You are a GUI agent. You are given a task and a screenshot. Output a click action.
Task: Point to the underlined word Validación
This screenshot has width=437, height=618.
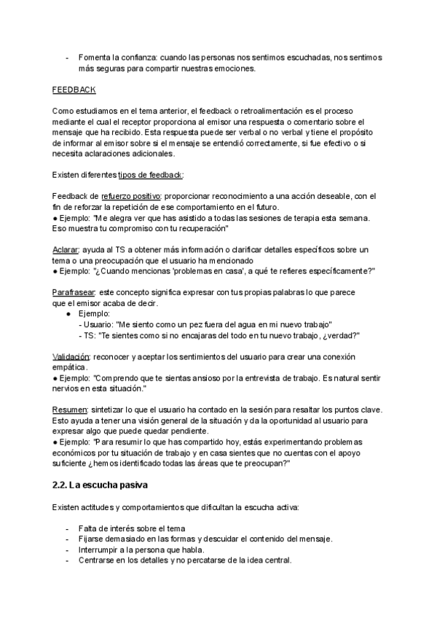click(71, 356)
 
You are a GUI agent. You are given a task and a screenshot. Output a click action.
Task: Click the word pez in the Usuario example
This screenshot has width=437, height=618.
click(202, 324)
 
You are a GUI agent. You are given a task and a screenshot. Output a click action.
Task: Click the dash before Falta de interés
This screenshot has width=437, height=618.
click(68, 528)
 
